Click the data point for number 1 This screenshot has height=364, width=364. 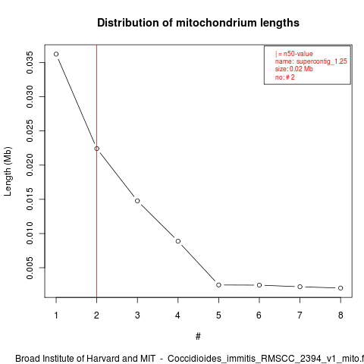(x=56, y=54)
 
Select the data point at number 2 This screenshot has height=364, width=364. (x=97, y=149)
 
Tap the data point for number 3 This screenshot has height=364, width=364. (x=137, y=201)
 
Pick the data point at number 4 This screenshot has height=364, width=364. (x=178, y=241)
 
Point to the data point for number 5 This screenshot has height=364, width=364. (x=218, y=285)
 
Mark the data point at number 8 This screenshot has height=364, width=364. (x=340, y=288)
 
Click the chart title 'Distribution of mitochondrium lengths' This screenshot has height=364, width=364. (x=198, y=23)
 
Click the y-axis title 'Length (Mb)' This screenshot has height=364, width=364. (x=8, y=171)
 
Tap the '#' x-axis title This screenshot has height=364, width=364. (x=198, y=337)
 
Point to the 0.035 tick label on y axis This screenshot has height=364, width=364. (x=30, y=62)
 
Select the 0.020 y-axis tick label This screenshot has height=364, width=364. (x=30, y=165)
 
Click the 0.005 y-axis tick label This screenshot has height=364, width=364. (x=30, y=268)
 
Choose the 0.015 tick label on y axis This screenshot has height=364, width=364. (x=30, y=199)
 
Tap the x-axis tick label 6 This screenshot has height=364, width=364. (x=259, y=315)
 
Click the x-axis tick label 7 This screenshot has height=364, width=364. (x=300, y=315)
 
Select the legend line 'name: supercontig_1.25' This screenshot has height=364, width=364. (x=311, y=61)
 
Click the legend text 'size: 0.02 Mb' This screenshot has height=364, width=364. (x=294, y=69)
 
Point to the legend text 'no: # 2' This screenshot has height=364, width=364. (x=285, y=77)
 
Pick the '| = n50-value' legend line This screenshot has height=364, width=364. (x=294, y=54)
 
